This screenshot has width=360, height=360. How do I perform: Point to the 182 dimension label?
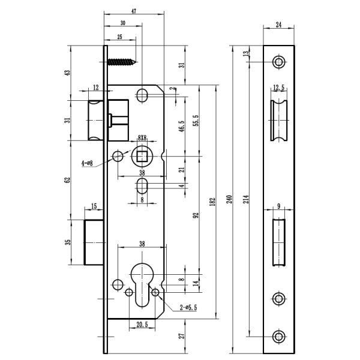212,202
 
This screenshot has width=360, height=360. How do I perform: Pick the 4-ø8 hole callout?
86,163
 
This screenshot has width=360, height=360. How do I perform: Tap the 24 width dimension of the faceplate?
279,25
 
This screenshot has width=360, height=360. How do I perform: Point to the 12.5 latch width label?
278,88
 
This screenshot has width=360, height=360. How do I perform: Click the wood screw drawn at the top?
122,62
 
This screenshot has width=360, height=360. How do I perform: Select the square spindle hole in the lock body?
143,157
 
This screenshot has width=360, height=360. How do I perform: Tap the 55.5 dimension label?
196,120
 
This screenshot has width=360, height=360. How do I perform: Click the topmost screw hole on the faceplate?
278,62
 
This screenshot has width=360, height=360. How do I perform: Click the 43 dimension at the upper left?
68,72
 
